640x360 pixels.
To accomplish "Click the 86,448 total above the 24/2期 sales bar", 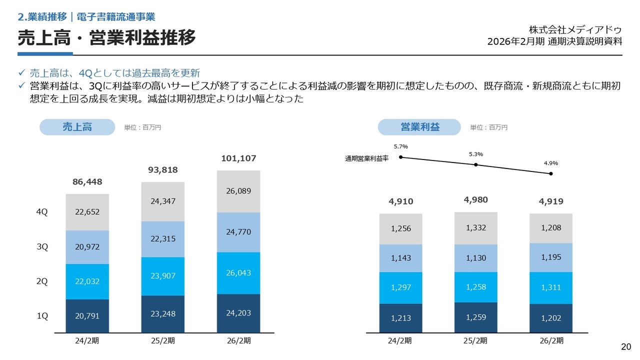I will [x=87, y=182].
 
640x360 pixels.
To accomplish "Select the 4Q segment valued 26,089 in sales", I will [x=238, y=191].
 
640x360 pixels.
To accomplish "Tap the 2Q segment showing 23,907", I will [x=163, y=275].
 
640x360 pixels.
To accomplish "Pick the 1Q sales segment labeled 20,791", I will [x=87, y=316].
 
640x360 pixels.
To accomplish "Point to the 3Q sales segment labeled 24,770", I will [x=238, y=232].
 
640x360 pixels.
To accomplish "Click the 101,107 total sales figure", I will [x=238, y=158].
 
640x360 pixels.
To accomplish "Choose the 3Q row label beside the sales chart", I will [x=42, y=246].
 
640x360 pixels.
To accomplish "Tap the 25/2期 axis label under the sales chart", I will [x=163, y=341].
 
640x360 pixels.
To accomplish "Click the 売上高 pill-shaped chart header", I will [x=77, y=127].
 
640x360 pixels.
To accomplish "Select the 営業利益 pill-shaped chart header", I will [x=419, y=127].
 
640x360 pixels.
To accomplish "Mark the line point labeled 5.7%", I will [x=401, y=157].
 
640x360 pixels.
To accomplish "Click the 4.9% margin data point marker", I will [x=551, y=173].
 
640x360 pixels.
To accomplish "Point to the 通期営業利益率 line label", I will [x=366, y=158].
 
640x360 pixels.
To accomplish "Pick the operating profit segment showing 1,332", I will [x=476, y=228].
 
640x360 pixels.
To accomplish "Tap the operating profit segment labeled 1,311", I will [x=551, y=287].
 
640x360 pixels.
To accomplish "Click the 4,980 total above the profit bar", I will [x=476, y=200].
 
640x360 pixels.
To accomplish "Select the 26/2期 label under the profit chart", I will [x=551, y=341].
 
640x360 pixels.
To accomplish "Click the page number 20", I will [x=626, y=347].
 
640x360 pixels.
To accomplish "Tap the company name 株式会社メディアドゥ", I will [x=575, y=29].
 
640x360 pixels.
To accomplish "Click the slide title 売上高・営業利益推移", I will [x=106, y=37].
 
